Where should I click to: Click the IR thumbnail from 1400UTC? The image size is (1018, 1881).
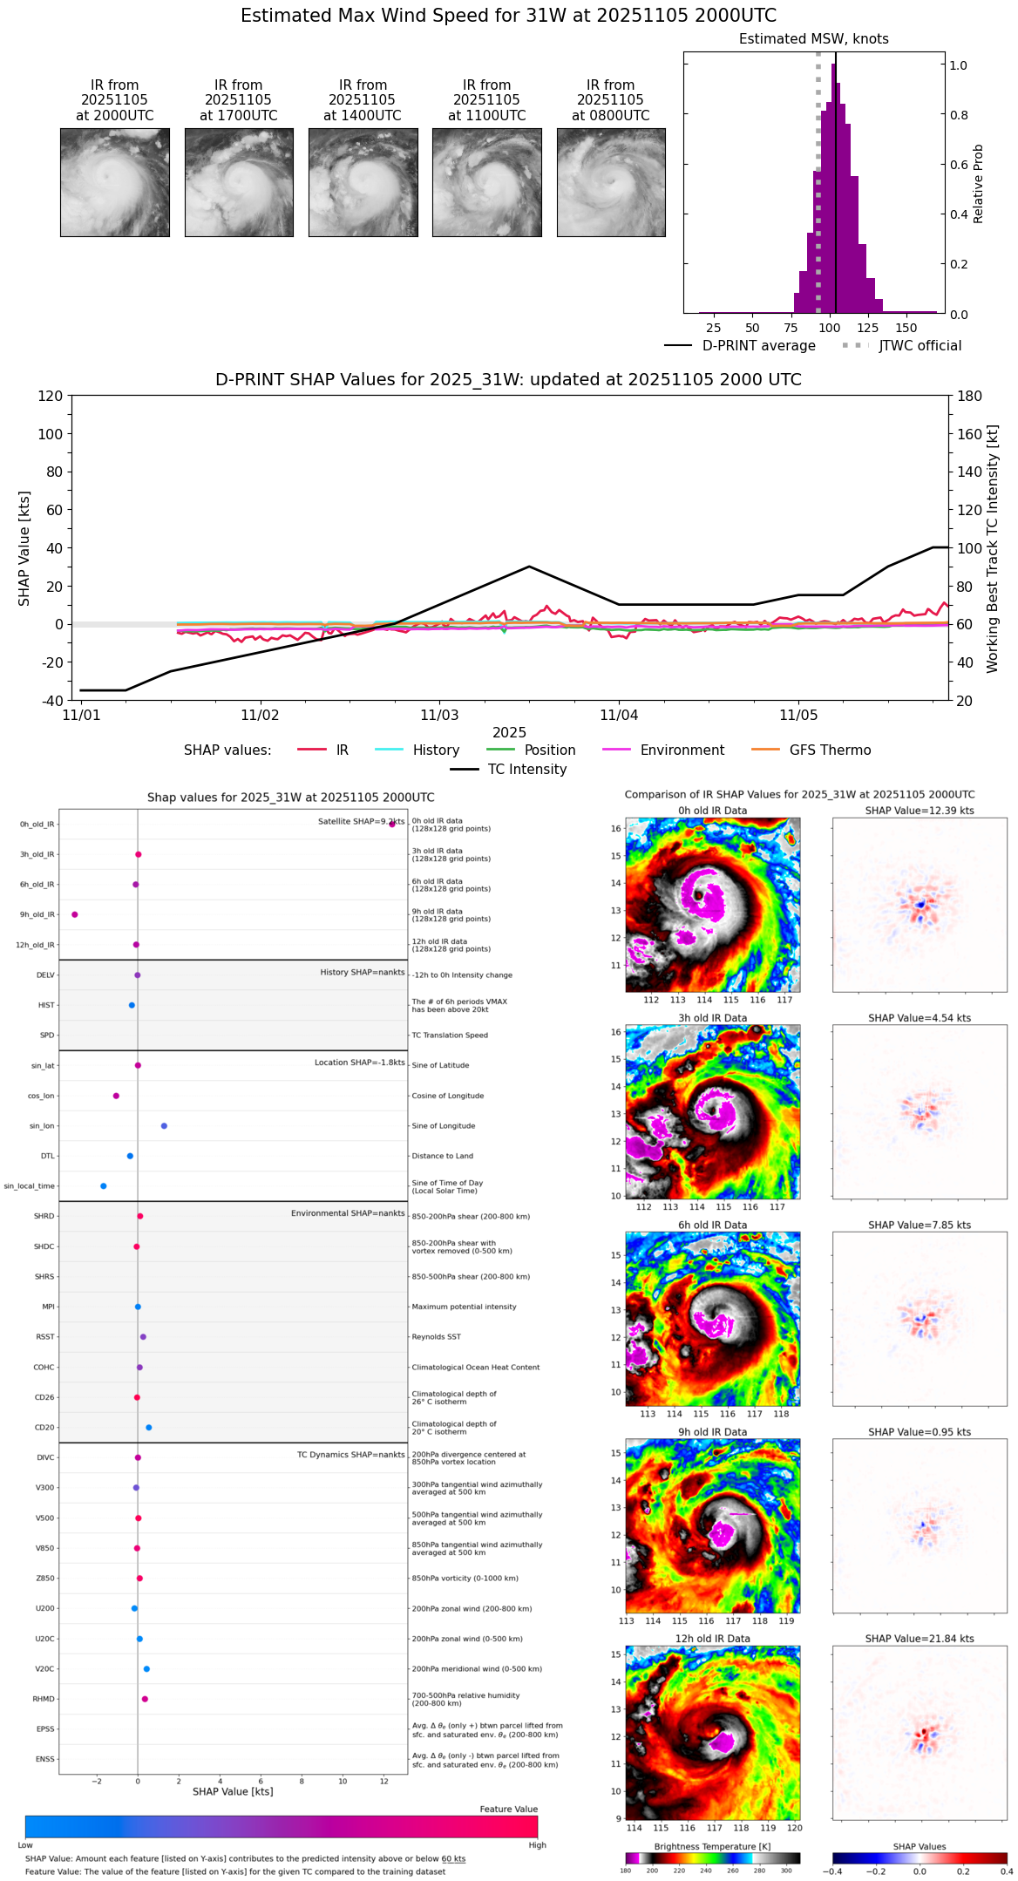pyautogui.click(x=363, y=182)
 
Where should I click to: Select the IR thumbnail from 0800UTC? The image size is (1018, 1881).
pyautogui.click(x=611, y=182)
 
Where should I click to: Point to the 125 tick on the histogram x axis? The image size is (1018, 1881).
pyautogui.click(x=868, y=329)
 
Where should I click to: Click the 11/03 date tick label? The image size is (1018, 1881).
pyautogui.click(x=439, y=716)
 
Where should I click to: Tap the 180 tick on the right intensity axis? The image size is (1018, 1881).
pyautogui.click(x=970, y=396)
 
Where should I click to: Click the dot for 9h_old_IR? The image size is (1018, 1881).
pyautogui.click(x=75, y=914)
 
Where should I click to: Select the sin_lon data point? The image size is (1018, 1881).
pyautogui.click(x=164, y=1126)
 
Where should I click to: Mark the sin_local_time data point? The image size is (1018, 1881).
pyautogui.click(x=104, y=1186)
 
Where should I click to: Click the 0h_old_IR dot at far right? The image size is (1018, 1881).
pyautogui.click(x=392, y=824)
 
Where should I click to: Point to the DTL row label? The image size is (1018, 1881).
pyautogui.click(x=47, y=1157)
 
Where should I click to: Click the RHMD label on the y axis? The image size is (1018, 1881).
pyautogui.click(x=44, y=1699)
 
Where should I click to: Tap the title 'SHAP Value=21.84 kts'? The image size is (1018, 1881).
pyautogui.click(x=920, y=1639)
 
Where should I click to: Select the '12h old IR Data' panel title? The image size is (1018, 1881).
pyautogui.click(x=712, y=1639)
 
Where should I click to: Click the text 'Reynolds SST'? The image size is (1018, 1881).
pyautogui.click(x=437, y=1337)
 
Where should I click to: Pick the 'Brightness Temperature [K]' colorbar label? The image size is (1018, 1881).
pyautogui.click(x=712, y=1847)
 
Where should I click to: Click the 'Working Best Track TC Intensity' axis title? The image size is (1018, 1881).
pyautogui.click(x=993, y=549)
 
